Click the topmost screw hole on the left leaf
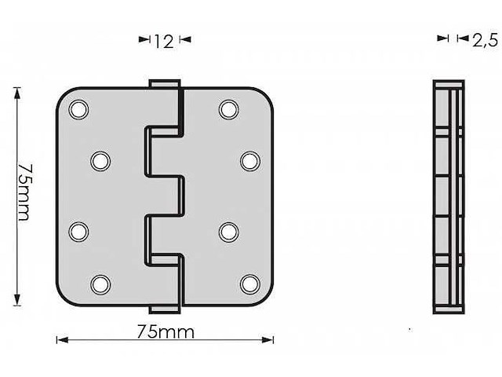pos(78,109)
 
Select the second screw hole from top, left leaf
pos(100,161)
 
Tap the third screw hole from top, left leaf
pos(78,232)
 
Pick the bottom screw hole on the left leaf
pos(100,283)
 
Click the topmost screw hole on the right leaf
pos(229,109)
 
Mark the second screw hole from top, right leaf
pos(250,161)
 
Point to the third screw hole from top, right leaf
pos(229,232)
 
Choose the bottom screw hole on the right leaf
pos(250,283)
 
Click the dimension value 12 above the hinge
pos(163,42)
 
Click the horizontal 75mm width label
pos(165,331)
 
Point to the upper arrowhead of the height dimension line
pos(16,91)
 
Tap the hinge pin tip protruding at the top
pos(164,83)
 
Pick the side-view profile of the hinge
pos(449,196)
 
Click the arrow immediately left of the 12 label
pos(144,38)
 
